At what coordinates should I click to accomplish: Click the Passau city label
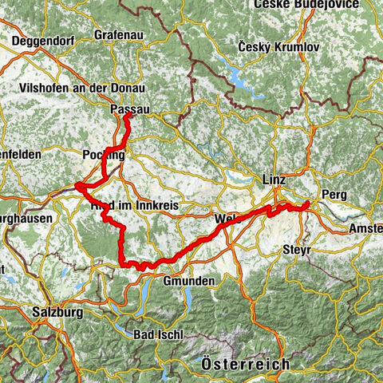129,108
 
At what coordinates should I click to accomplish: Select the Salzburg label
58,313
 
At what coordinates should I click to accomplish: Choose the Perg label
333,194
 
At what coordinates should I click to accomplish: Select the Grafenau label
116,36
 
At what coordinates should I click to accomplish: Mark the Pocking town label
104,156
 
